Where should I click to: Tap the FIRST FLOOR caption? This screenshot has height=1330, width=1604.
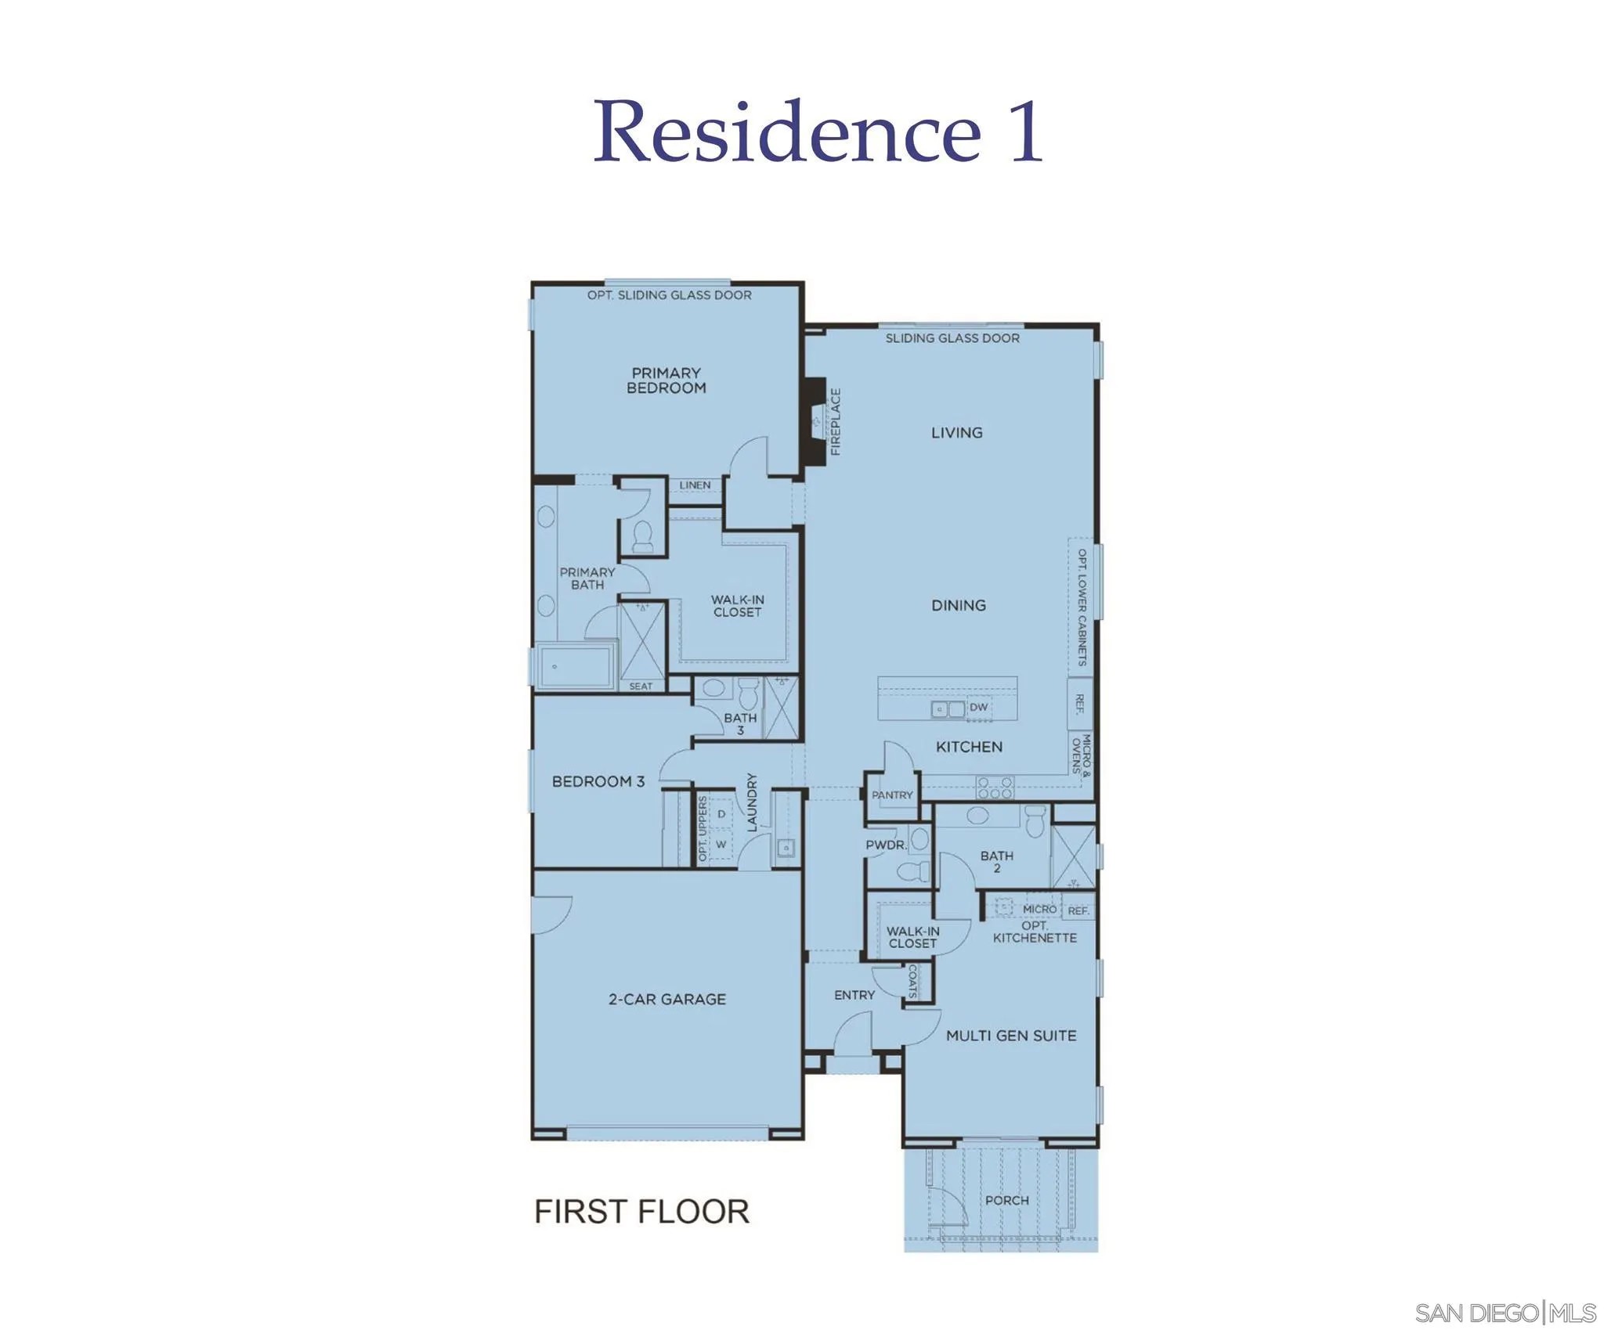coord(641,1211)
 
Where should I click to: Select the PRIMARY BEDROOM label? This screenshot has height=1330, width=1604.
coord(666,380)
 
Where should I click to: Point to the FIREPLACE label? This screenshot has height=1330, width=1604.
coord(836,421)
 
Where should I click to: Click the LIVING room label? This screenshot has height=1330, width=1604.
coord(956,432)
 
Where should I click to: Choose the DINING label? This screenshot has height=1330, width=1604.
coord(959,605)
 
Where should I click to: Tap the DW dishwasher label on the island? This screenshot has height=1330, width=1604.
coord(978,707)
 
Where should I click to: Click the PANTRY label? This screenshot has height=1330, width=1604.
coord(892,795)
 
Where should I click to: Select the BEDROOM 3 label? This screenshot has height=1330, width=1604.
coord(598,781)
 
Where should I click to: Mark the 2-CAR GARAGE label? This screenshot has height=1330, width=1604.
coord(667,999)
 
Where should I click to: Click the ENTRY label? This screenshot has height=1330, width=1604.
coord(854,995)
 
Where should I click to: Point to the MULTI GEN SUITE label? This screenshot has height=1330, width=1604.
coord(1011,1036)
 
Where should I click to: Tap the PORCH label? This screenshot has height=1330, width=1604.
coord(1007,1200)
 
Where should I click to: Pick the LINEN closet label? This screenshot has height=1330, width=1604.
coord(695,485)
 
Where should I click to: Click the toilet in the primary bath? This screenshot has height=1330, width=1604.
coord(643,535)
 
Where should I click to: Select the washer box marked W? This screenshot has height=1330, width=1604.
coord(721,845)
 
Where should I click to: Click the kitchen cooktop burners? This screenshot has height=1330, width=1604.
coord(995,788)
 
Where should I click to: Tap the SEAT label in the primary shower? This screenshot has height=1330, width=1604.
coord(641,687)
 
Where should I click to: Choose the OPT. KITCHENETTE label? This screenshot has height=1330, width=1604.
coord(1035,932)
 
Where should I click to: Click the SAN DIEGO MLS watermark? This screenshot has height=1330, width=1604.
coord(1505,1312)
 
